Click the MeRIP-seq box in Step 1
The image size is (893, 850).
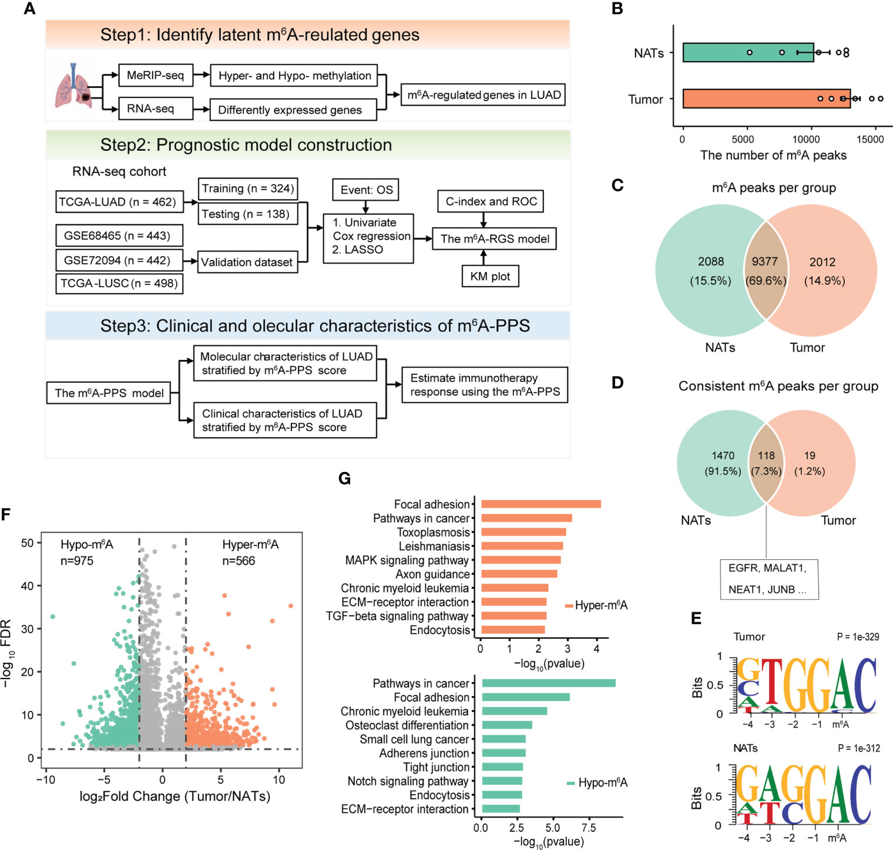click(155, 75)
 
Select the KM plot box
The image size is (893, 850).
click(490, 276)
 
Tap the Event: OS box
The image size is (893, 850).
click(366, 190)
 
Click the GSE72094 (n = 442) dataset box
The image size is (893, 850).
click(117, 260)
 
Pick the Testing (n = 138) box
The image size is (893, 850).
click(246, 214)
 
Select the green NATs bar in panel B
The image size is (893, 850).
click(748, 52)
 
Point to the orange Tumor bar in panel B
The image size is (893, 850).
click(766, 99)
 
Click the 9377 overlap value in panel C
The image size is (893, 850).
click(765, 262)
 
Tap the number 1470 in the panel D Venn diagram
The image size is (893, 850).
click(723, 456)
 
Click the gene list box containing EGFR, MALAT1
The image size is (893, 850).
click(768, 579)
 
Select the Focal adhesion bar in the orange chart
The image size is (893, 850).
click(540, 504)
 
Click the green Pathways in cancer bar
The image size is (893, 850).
click(548, 683)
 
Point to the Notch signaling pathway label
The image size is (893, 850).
click(408, 781)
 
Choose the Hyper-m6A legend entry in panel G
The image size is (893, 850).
click(596, 605)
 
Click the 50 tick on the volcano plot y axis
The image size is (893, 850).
click(27, 543)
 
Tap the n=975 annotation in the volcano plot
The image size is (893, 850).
click(77, 561)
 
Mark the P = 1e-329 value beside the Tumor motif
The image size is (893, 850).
click(858, 637)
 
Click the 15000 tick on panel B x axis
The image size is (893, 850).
click(870, 139)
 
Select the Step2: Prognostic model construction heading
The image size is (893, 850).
click(246, 145)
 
